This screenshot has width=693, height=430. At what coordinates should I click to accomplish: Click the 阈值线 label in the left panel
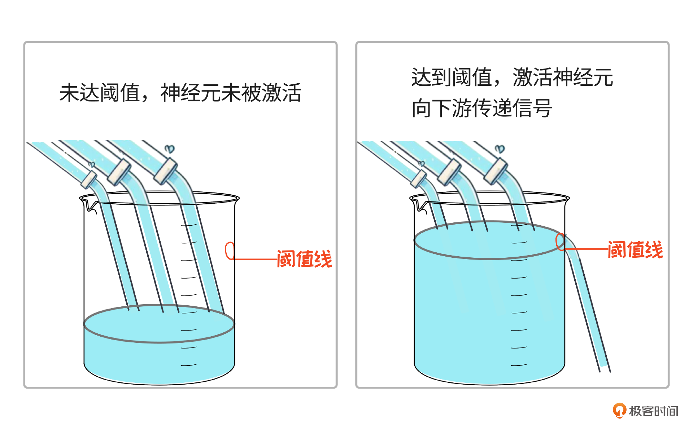click(x=304, y=259)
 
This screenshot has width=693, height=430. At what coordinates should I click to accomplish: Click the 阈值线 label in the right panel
click(x=635, y=249)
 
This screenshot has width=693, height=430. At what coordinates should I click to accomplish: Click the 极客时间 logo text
click(x=653, y=411)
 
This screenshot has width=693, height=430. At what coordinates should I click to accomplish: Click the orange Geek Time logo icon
click(x=619, y=410)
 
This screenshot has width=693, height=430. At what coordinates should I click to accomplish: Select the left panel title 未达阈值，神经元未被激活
click(x=180, y=93)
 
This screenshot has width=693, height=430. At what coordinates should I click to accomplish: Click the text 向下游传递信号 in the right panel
click(x=481, y=108)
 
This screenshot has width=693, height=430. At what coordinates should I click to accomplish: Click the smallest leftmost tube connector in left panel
click(x=88, y=179)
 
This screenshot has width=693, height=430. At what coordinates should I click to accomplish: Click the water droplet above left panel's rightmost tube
click(x=170, y=149)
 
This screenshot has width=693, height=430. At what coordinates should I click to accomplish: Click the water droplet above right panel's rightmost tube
click(x=500, y=148)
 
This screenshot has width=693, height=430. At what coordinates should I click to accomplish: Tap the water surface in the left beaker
click(x=159, y=323)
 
